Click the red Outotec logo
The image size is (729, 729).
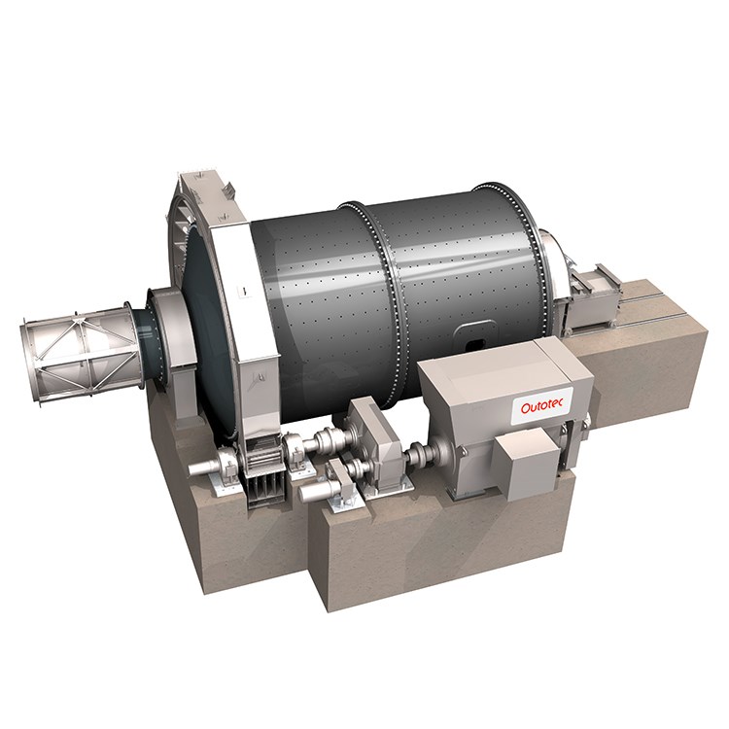tap(541, 407)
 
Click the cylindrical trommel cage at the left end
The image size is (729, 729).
tap(79, 352)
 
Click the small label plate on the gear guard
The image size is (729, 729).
tap(243, 291)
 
